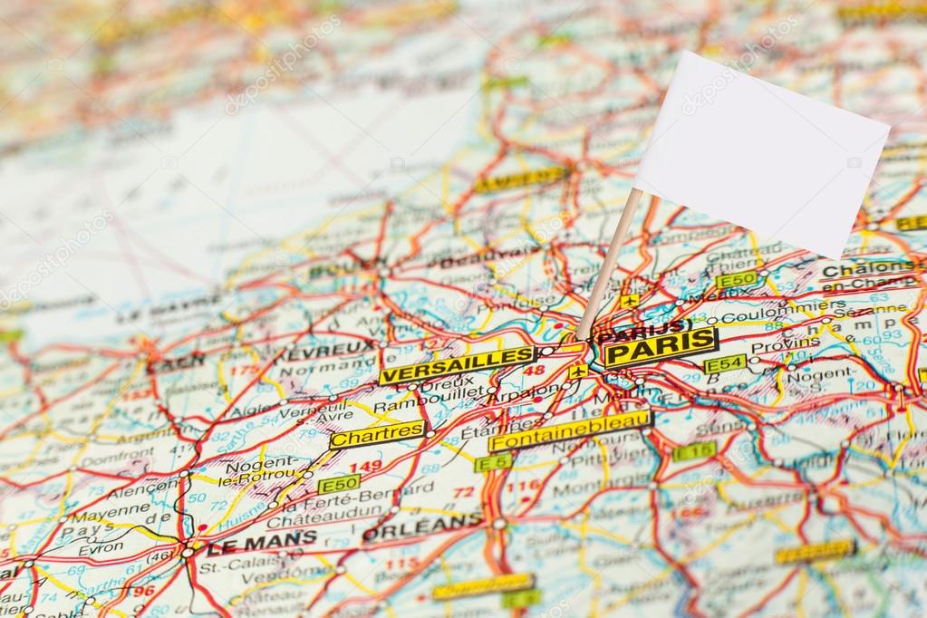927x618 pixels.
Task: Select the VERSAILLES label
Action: click(x=458, y=364)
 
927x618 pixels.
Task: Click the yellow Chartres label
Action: click(x=377, y=435)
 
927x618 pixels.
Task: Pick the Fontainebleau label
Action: click(x=570, y=430)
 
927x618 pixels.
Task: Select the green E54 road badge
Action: click(x=725, y=364)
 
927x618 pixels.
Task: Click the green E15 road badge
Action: click(x=694, y=450)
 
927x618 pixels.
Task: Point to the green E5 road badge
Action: click(x=493, y=463)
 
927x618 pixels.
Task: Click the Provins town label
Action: click(x=773, y=345)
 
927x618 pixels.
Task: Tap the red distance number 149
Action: click(x=365, y=467)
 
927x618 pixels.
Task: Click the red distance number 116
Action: click(x=523, y=487)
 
